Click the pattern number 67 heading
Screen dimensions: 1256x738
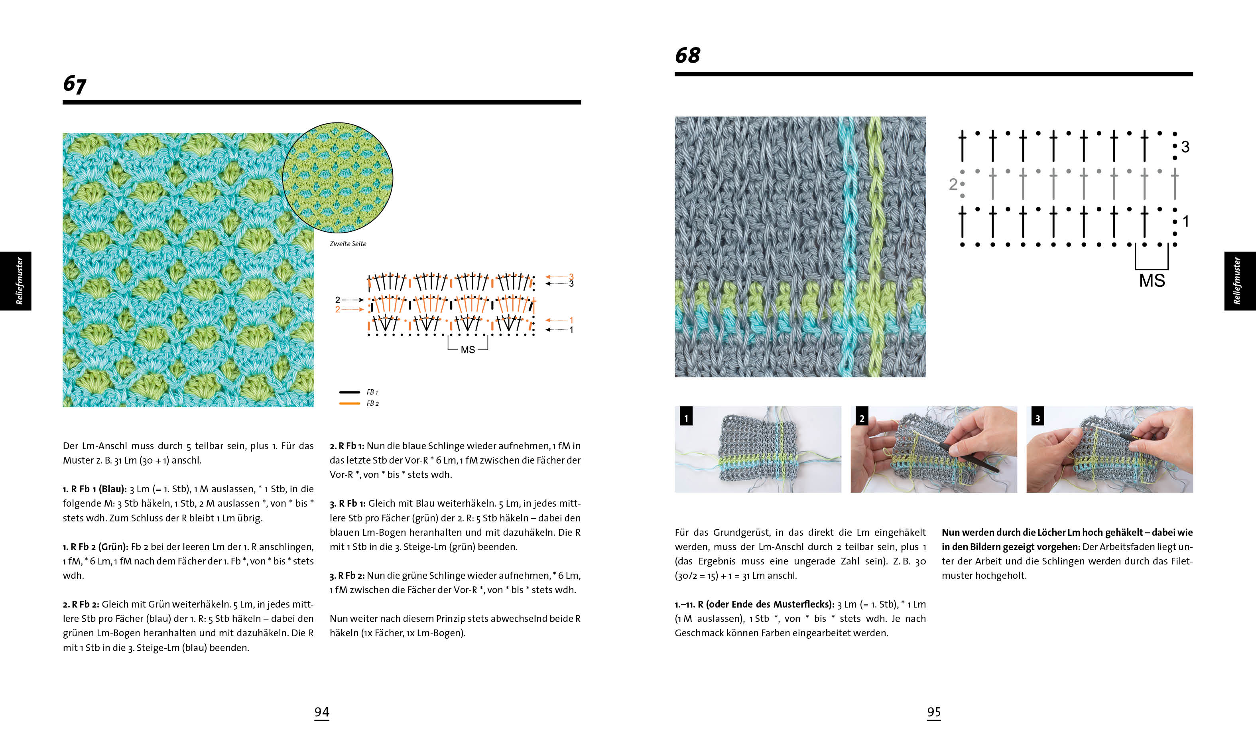[x=75, y=84]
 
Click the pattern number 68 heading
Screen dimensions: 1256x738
[x=687, y=55]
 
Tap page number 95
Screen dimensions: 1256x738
[x=933, y=712]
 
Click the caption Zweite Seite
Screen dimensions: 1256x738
[x=348, y=244]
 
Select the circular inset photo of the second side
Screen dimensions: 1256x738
[x=337, y=178]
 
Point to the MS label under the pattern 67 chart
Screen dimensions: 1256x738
[x=467, y=349]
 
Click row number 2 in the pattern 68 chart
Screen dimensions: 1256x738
[x=953, y=184]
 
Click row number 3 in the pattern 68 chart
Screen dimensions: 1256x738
[x=1185, y=147]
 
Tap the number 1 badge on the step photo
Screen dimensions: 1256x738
[x=686, y=418]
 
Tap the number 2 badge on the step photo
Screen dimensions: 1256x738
[x=862, y=418]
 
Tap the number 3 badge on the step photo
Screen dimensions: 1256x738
[x=1037, y=418]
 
